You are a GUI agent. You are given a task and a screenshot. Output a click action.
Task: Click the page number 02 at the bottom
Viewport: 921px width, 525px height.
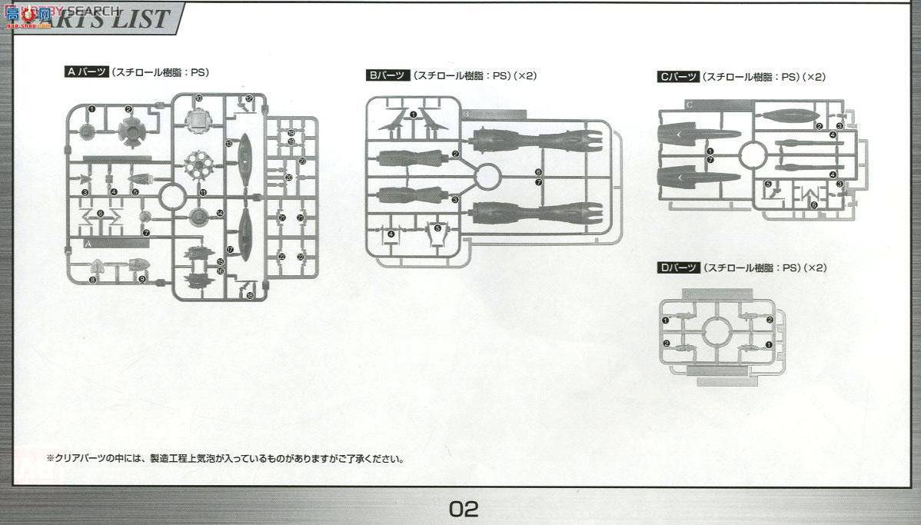click(x=464, y=508)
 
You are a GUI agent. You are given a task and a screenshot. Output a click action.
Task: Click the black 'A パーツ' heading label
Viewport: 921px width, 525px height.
click(x=86, y=72)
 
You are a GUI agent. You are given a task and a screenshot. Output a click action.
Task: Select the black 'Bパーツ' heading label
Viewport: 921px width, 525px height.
click(x=387, y=75)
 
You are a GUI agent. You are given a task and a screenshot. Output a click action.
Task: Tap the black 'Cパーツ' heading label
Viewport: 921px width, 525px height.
click(x=678, y=77)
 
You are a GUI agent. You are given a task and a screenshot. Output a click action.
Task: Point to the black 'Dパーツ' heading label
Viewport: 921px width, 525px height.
click(x=678, y=267)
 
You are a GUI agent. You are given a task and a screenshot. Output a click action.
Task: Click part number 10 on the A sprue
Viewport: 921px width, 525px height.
click(x=198, y=98)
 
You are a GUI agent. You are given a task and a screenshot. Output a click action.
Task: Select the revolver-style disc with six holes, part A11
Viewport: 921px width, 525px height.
click(x=199, y=164)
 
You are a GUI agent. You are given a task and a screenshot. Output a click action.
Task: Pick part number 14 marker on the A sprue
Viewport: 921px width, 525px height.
click(x=220, y=213)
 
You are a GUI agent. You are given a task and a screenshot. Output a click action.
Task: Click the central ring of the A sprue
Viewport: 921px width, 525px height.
click(x=172, y=197)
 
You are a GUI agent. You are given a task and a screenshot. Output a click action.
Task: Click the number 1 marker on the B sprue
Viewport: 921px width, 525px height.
click(x=414, y=115)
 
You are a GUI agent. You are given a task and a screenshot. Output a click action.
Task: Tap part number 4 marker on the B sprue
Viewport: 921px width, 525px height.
click(x=391, y=234)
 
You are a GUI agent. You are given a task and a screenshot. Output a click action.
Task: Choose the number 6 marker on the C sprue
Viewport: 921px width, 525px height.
click(x=813, y=204)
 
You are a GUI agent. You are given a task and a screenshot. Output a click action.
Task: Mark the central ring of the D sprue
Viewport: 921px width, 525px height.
click(x=716, y=332)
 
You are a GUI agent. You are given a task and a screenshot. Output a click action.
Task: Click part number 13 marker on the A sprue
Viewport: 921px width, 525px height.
click(x=228, y=143)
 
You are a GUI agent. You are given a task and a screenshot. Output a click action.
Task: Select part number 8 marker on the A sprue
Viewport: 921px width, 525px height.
click(x=92, y=280)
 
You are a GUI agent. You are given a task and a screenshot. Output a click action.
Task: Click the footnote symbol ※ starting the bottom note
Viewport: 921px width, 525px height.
click(x=50, y=459)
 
